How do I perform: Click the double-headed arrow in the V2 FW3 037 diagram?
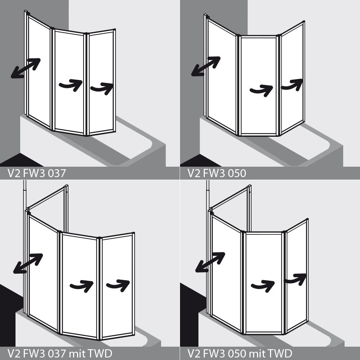coord(26,68)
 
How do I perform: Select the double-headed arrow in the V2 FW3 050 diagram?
coord(206,66)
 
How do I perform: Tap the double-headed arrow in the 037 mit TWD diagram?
coord(28,264)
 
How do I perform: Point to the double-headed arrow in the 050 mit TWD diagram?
coord(210,262)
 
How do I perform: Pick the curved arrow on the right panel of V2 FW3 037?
coord(102,89)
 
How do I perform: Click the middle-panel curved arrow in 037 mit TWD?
coord(82,286)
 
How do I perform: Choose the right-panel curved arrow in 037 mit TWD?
coord(118,285)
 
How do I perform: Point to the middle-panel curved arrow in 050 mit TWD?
coord(263,286)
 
